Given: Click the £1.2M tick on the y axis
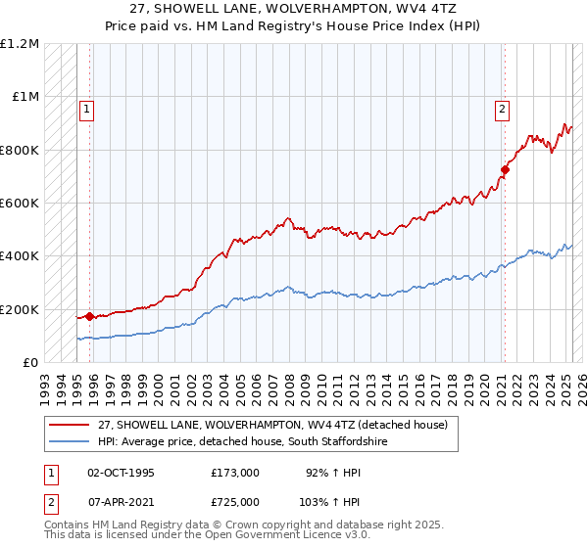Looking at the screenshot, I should (20, 44).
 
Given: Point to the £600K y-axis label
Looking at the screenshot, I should (20, 204).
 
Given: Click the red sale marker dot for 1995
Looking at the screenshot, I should (89, 316).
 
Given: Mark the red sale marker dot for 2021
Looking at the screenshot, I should (505, 169).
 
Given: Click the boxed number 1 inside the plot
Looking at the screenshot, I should (87, 110).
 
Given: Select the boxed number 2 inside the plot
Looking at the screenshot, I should (501, 110).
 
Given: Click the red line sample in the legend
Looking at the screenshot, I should (69, 425).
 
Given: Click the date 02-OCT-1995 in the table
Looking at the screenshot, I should (122, 473).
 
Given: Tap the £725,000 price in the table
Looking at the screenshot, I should (235, 502).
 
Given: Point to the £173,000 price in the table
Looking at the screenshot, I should (235, 473).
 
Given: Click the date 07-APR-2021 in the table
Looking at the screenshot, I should (122, 502).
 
